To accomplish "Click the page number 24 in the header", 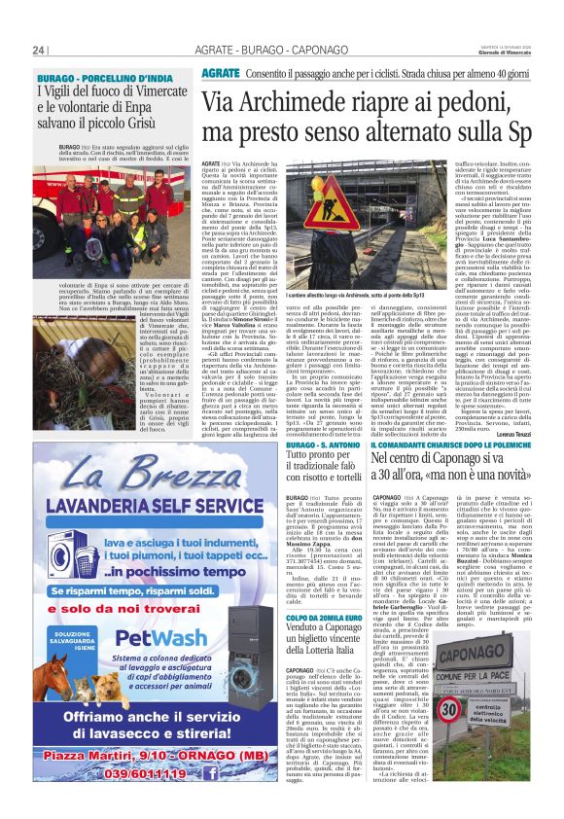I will [39, 51].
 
